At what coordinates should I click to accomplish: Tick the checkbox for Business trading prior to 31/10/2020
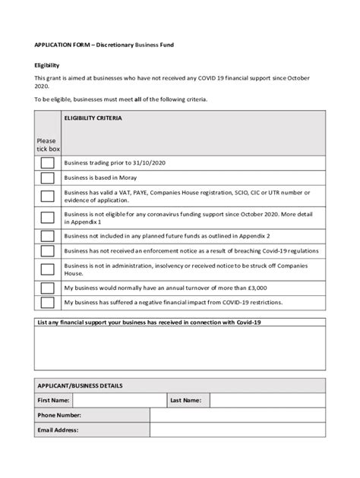point(47,163)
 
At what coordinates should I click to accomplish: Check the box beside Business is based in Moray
point(47,178)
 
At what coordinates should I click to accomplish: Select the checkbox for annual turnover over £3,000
point(47,288)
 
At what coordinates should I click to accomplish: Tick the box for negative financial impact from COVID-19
point(47,303)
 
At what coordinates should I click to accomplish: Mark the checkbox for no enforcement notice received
point(47,250)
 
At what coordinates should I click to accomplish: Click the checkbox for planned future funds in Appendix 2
point(47,236)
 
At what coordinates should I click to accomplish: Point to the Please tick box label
point(47,145)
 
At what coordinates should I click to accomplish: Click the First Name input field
point(119,400)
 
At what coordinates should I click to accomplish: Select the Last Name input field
point(267,400)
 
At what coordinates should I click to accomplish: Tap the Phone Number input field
point(237,415)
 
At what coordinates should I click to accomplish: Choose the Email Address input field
point(237,430)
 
